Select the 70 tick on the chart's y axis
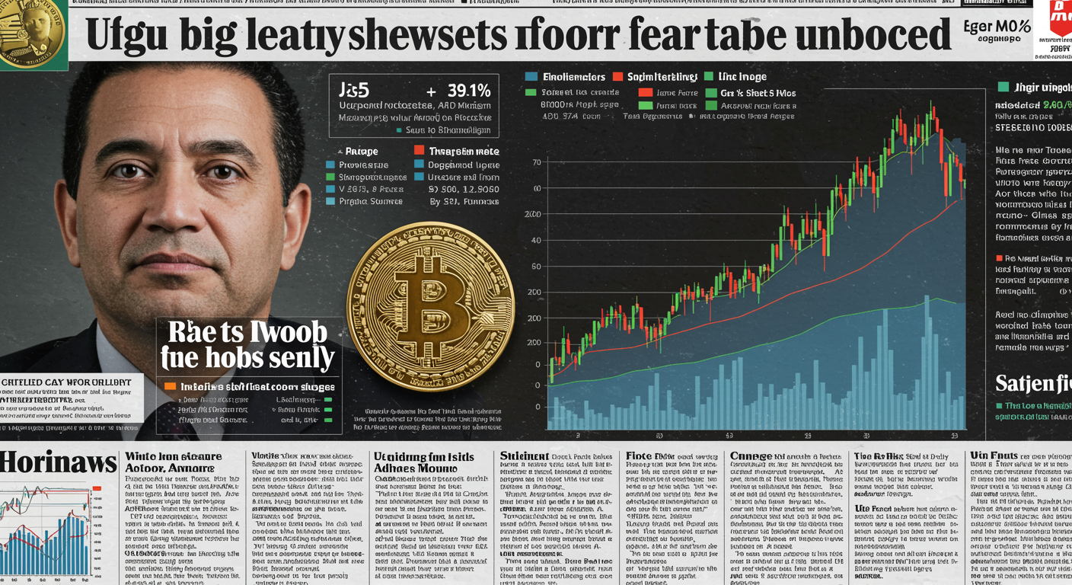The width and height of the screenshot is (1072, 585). click(x=537, y=162)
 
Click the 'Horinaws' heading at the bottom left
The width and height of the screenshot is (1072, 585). click(x=58, y=462)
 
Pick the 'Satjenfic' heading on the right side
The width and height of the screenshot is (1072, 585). click(x=1032, y=382)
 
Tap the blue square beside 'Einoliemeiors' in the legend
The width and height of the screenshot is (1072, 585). click(x=531, y=77)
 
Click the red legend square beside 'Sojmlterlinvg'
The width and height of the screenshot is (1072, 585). click(x=618, y=77)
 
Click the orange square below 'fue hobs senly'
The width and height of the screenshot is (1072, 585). click(x=171, y=386)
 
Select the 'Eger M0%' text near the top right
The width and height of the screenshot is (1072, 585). click(x=998, y=27)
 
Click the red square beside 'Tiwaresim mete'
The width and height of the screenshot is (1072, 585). click(x=419, y=151)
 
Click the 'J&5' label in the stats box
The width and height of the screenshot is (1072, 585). click(x=353, y=90)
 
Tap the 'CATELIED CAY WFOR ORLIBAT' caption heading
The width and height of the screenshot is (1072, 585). click(x=67, y=382)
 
